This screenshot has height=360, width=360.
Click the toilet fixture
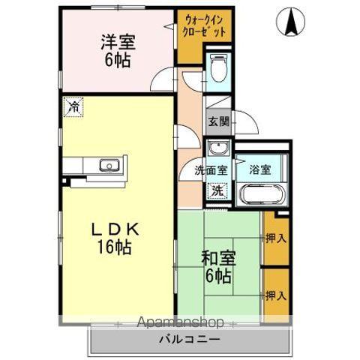tap(217, 70)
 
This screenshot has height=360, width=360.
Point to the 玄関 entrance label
tap(218, 121)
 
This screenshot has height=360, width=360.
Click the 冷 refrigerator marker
tap(71, 106)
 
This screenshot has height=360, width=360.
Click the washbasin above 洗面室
tap(218, 147)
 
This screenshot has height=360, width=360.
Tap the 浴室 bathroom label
tap(260, 169)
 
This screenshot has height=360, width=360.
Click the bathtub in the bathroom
tap(260, 193)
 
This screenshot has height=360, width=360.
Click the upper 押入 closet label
tap(275, 238)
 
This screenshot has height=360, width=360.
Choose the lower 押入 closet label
tap(275, 295)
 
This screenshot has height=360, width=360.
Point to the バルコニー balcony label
tap(189, 340)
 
